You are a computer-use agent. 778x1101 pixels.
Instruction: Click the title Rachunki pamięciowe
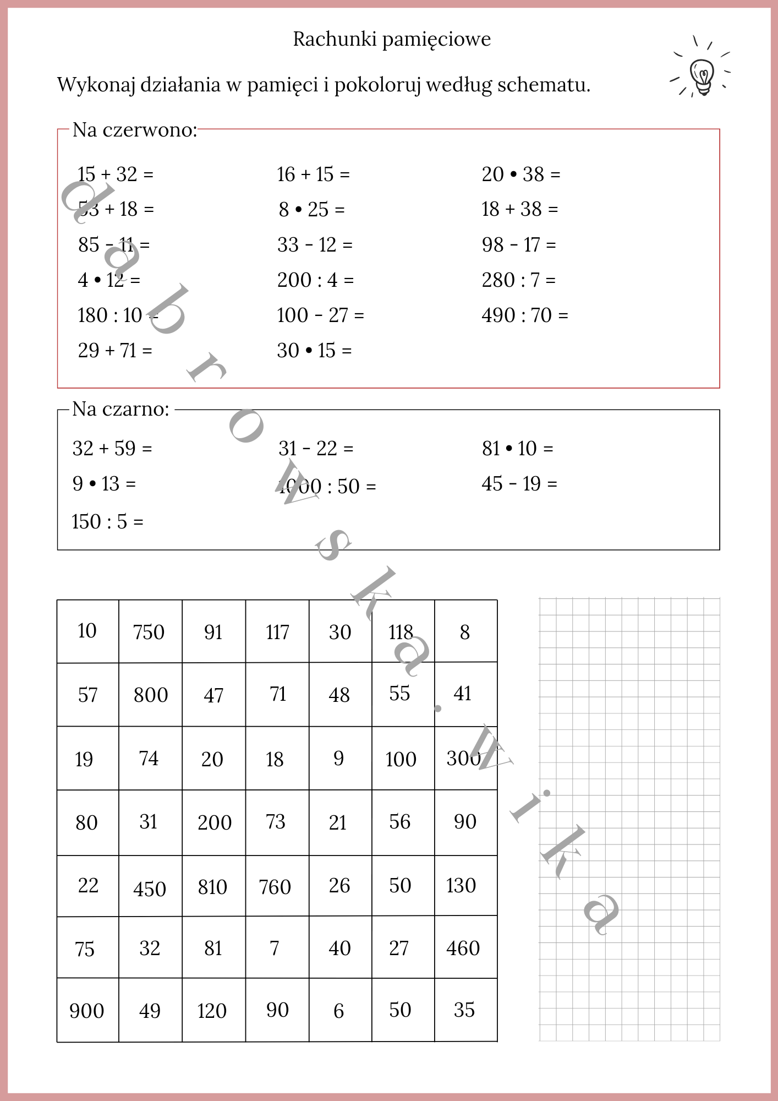(x=391, y=40)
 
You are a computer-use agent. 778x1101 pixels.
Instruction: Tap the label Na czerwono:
(x=135, y=130)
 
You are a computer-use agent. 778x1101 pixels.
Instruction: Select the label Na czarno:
(x=121, y=410)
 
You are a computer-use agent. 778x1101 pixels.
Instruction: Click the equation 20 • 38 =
(x=521, y=175)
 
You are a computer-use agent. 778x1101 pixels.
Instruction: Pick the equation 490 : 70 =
(x=524, y=315)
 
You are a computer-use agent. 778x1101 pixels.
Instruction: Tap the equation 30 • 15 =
(x=314, y=351)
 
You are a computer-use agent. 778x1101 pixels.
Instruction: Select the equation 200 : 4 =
(x=315, y=280)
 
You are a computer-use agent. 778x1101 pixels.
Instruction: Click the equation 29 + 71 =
(x=115, y=351)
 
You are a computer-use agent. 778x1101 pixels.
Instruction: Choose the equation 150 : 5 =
(x=107, y=522)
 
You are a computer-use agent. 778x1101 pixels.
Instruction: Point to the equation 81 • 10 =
(x=517, y=449)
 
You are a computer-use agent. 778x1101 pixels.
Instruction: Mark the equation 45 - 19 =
(x=519, y=484)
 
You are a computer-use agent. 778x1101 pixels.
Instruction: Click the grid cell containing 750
(x=149, y=632)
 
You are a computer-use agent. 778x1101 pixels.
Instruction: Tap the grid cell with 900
(x=87, y=1011)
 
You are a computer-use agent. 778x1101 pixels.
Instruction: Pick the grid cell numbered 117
(x=277, y=632)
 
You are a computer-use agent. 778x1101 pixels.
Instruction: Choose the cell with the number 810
(x=213, y=887)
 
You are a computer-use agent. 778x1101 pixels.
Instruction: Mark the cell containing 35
(x=464, y=1010)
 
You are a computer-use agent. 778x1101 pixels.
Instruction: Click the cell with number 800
(x=151, y=695)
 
